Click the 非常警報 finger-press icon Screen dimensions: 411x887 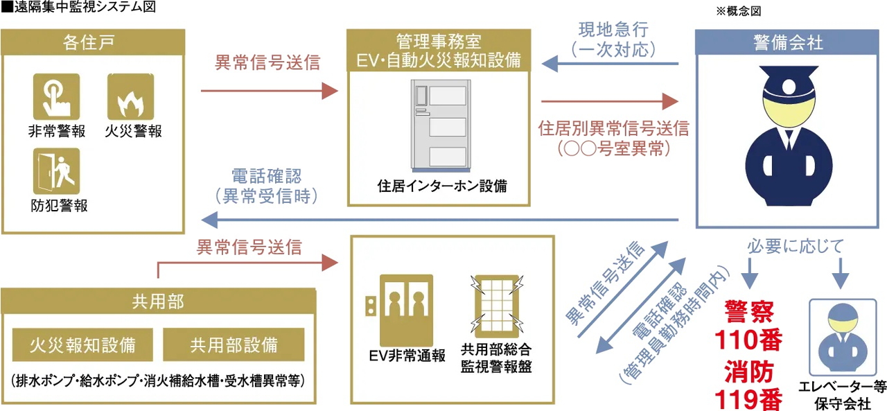56,96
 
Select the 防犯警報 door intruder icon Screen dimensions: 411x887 56,170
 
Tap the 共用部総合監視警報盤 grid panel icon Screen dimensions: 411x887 495,305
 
